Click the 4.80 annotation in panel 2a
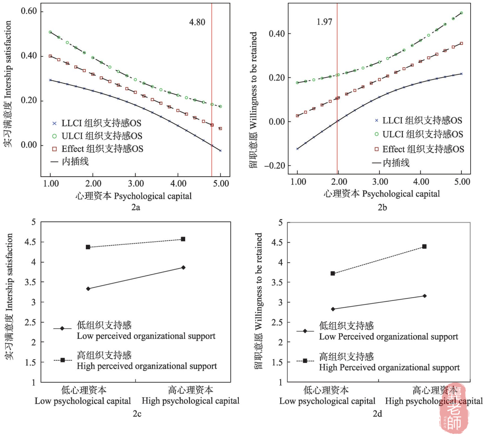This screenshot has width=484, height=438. (x=197, y=22)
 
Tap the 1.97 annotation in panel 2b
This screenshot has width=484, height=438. (x=324, y=22)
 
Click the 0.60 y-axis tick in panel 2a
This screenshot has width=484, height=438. (x=29, y=11)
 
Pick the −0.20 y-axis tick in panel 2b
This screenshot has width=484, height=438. (x=275, y=166)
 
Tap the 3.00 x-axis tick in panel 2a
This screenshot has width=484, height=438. (x=136, y=184)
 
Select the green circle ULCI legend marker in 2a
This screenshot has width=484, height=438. (x=54, y=136)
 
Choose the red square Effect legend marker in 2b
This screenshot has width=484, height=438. (x=376, y=149)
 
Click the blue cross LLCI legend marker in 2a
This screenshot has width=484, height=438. (x=54, y=123)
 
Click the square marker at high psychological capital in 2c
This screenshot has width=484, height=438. (x=183, y=239)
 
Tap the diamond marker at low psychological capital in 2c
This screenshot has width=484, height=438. (x=88, y=289)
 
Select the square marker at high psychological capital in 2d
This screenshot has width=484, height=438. (x=424, y=246)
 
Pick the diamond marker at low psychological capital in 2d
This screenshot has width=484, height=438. (x=333, y=309)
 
